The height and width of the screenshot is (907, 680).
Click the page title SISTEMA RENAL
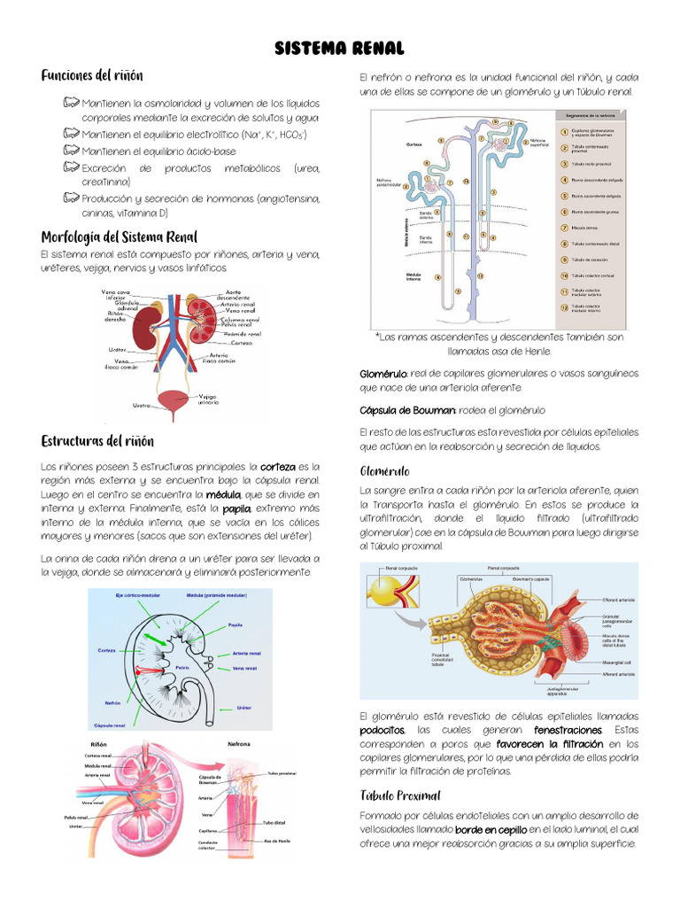(339, 48)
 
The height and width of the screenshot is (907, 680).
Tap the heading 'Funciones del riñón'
(92, 75)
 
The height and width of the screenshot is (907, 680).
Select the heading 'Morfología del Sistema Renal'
(119, 236)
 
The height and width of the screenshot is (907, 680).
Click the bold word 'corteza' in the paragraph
(278, 466)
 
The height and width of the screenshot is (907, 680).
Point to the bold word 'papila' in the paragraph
(236, 508)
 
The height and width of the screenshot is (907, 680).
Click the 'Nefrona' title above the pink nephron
(239, 744)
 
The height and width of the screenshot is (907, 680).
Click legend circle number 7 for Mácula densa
(565, 227)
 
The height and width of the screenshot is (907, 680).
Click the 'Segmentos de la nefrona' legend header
(589, 115)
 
